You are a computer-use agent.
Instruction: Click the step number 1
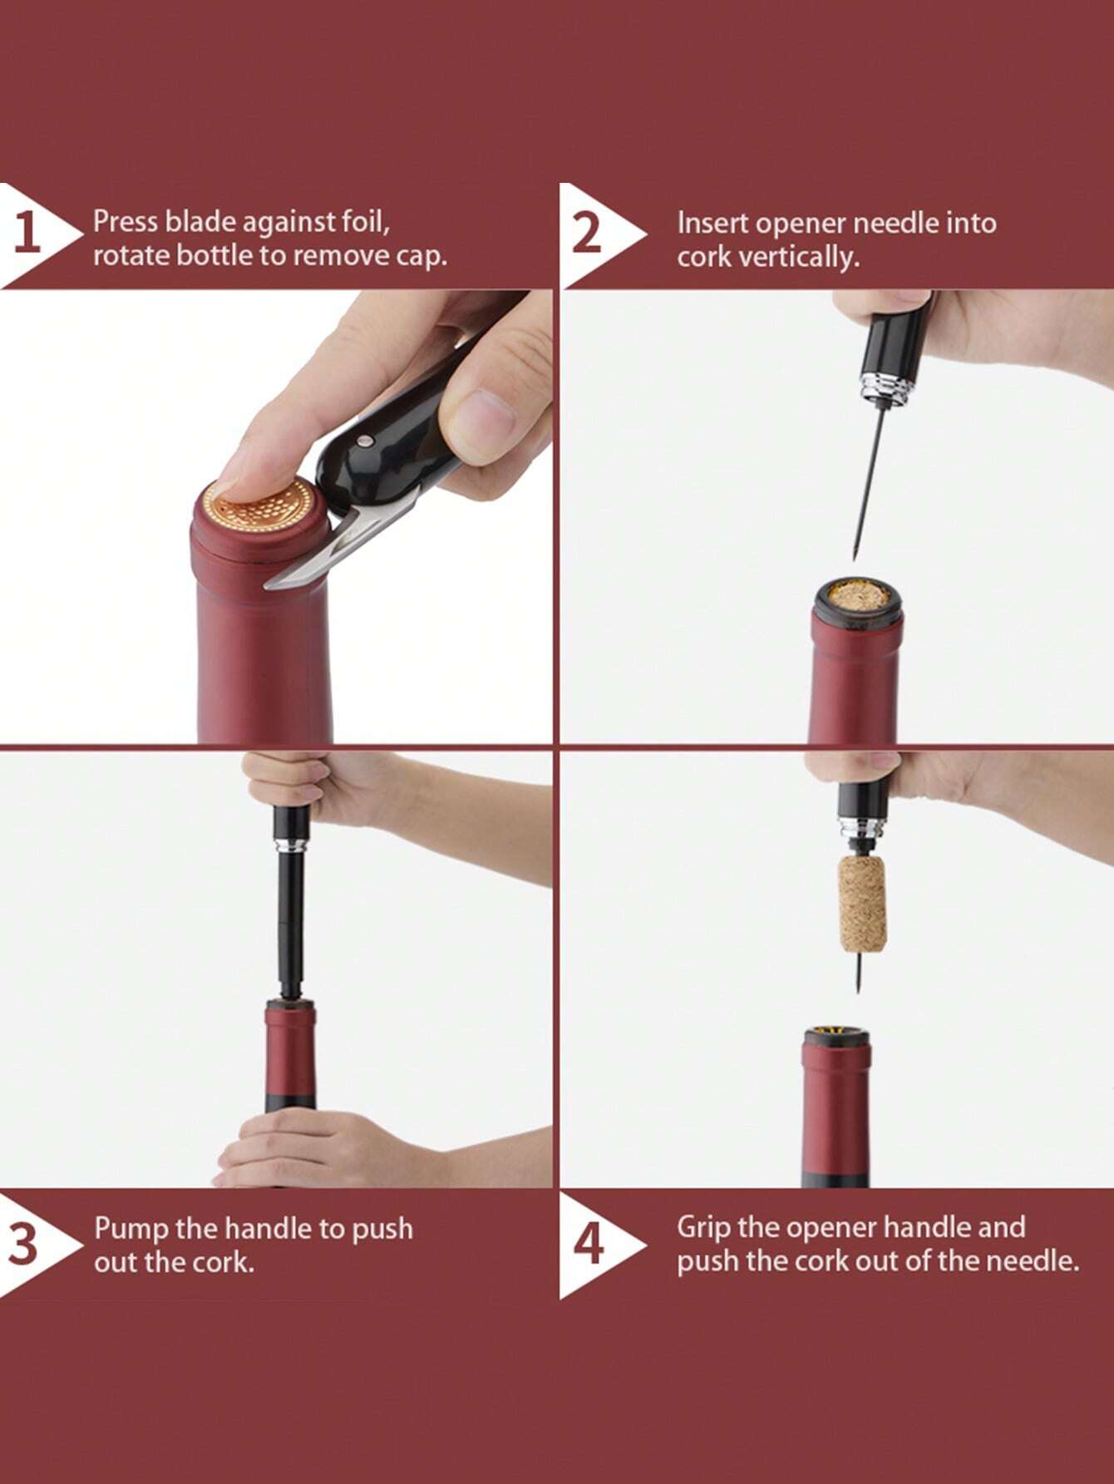pos(27,234)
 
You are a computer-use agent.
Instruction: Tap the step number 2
pos(587,234)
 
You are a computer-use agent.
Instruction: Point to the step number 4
pos(589,1245)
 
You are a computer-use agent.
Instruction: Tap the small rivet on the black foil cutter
pos(363,438)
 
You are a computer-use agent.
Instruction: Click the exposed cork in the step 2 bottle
pos(856,598)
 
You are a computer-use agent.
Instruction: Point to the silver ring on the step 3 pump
pos(291,846)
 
